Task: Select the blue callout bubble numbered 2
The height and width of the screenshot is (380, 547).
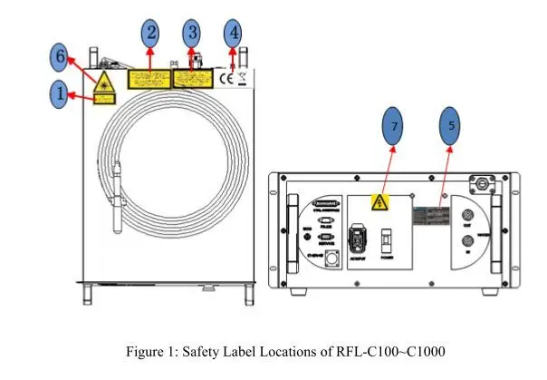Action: pos(151,33)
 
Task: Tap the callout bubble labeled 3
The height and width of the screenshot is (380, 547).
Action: pos(192,33)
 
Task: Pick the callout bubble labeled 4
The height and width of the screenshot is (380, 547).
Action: pos(234,33)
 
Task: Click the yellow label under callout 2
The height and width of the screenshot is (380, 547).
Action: pos(148,79)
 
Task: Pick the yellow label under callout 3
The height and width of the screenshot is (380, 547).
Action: pos(190,79)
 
